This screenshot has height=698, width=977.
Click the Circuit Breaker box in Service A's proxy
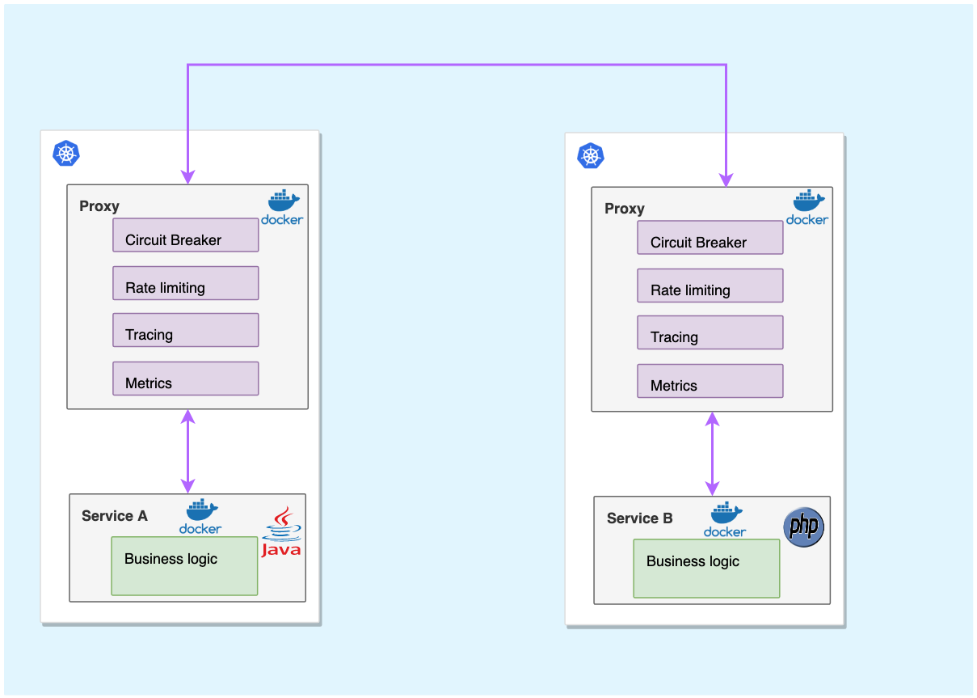[x=185, y=235]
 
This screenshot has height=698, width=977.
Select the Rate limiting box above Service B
[x=710, y=286]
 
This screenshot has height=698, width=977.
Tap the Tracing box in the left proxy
[x=185, y=330]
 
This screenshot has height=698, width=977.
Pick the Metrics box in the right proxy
[x=710, y=381]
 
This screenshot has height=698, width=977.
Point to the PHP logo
[x=804, y=527]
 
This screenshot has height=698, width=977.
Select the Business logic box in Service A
[x=184, y=565]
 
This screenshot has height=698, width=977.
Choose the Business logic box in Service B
[x=706, y=568]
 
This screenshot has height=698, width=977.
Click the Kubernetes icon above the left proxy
[x=66, y=153]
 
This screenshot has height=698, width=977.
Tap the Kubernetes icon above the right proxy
[x=591, y=155]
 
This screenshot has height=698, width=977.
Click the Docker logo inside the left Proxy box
[x=282, y=207]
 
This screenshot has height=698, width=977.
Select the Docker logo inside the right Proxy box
[x=807, y=208]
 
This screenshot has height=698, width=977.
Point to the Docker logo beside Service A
[x=200, y=516]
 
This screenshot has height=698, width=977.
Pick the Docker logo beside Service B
[x=725, y=519]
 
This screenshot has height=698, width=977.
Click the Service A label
[x=115, y=516]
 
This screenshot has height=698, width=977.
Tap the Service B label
[x=639, y=518]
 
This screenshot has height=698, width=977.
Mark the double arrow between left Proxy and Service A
[x=188, y=451]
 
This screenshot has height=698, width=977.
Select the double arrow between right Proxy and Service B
[x=712, y=454]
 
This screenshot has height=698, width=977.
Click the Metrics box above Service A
[x=185, y=379]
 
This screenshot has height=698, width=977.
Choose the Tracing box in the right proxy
[x=710, y=332]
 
